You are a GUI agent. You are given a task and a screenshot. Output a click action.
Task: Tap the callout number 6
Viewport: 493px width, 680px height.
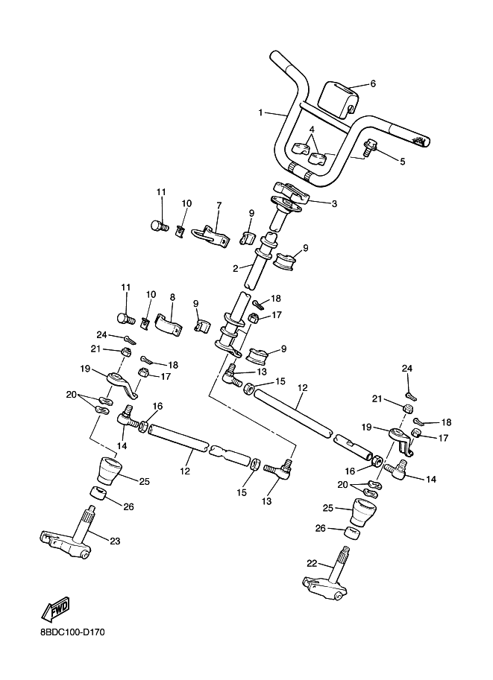pos(372,83)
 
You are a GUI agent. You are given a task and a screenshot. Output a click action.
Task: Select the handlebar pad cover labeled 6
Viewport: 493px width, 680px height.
pos(338,98)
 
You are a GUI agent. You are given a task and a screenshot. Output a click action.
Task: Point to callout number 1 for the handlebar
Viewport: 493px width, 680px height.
pos(260,113)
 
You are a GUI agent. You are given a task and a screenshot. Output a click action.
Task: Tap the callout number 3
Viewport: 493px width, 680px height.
pos(334,203)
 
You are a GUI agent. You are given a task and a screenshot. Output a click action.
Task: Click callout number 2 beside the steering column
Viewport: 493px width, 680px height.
pos(236,269)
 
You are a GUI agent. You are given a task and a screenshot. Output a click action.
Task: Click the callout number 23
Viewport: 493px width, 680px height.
pos(115,541)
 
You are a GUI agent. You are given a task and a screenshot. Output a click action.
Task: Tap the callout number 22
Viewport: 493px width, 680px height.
pos(313,563)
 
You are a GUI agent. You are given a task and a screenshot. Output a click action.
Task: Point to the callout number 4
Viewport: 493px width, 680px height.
pos(312,130)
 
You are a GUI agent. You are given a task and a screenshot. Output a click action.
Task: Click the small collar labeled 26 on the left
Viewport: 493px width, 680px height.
pos(99,494)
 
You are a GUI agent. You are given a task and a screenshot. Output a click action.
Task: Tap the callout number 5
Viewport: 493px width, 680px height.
pos(402,162)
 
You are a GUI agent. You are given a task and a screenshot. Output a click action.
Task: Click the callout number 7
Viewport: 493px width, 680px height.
pos(219,205)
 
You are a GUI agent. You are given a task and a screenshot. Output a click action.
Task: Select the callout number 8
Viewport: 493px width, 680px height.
pos(172,297)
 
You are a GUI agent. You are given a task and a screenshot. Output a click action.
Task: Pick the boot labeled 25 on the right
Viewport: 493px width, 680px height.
pos(363,511)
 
